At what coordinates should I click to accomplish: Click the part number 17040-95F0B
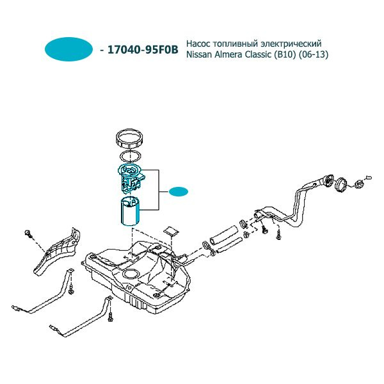143,50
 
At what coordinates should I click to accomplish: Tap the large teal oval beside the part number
69,49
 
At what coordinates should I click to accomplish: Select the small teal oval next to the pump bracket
179,191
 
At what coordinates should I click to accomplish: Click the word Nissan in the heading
199,54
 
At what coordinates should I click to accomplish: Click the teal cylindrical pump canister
131,211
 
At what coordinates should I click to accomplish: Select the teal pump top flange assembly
131,177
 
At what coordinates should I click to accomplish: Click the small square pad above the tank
171,230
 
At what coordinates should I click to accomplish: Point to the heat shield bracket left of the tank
57,252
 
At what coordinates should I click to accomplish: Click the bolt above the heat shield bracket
28,234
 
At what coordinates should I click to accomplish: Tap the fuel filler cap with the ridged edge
358,184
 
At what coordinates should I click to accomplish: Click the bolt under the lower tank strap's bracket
110,317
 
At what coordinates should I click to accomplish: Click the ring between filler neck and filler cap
341,184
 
